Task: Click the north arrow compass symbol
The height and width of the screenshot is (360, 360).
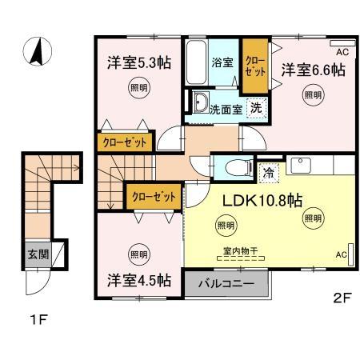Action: pyautogui.click(x=37, y=52)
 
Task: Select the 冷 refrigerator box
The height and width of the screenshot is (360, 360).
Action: pyautogui.click(x=269, y=170)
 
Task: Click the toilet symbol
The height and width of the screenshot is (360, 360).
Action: pyautogui.click(x=233, y=168)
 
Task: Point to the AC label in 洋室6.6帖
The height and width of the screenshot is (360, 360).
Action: pyautogui.click(x=342, y=52)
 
